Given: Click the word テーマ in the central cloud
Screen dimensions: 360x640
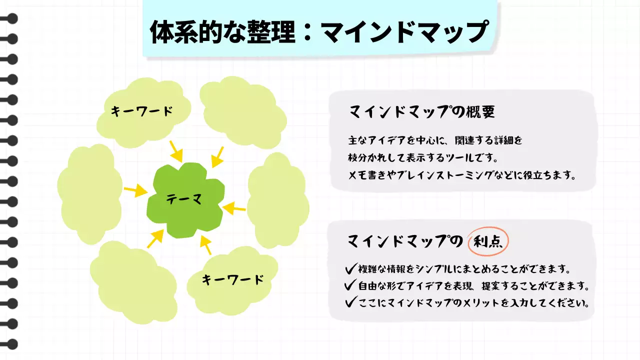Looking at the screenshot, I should (184, 199).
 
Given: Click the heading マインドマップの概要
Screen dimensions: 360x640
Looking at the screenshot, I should (421, 112).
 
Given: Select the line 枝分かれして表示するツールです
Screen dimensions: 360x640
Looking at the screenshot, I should (422, 157).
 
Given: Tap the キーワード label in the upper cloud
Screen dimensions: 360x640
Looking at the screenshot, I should (142, 111).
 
